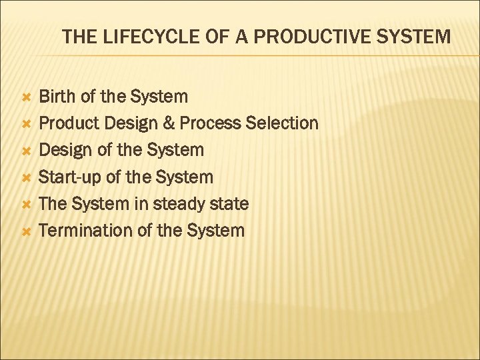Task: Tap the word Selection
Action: (283, 123)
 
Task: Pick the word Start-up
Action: (71, 177)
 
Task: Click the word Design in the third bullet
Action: (66, 151)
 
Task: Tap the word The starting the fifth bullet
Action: (54, 204)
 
